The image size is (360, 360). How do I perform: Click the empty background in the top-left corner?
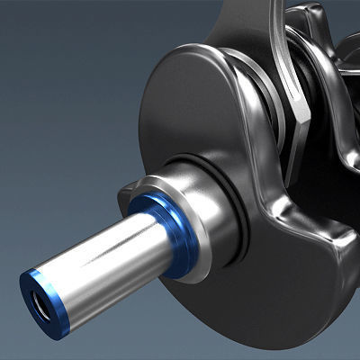point(36,36)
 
